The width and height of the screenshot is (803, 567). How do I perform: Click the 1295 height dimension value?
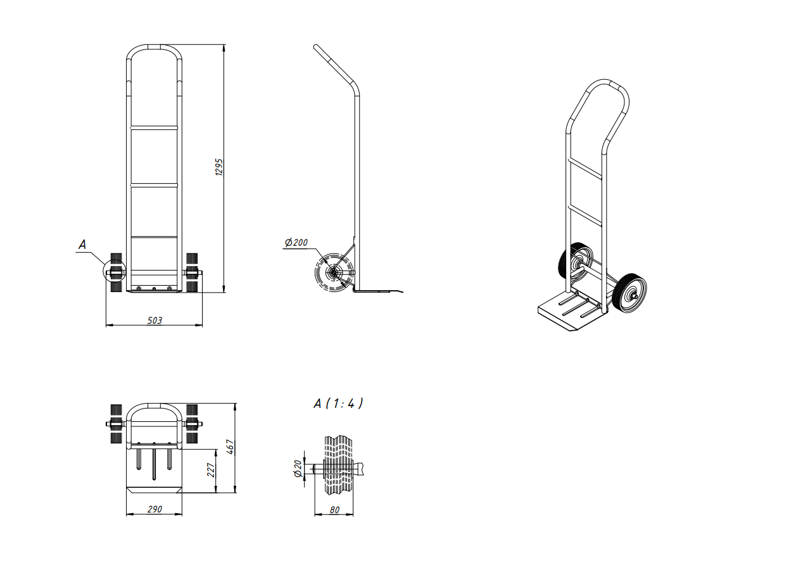pos(219,167)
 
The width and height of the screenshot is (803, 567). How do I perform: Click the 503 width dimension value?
pos(155,321)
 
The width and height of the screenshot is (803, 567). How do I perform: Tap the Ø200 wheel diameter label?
pos(296,243)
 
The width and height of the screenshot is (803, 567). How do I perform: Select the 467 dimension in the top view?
pos(231,447)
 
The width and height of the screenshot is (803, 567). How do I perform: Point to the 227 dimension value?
pos(211,470)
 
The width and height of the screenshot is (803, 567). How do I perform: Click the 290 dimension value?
pos(155,509)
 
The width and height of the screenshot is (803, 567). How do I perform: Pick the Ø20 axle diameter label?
pos(298,468)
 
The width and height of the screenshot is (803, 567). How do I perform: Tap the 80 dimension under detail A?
pos(334,509)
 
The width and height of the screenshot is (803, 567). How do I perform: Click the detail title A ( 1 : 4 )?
pos(338,404)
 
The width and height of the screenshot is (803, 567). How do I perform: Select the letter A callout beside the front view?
pos(82,245)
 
